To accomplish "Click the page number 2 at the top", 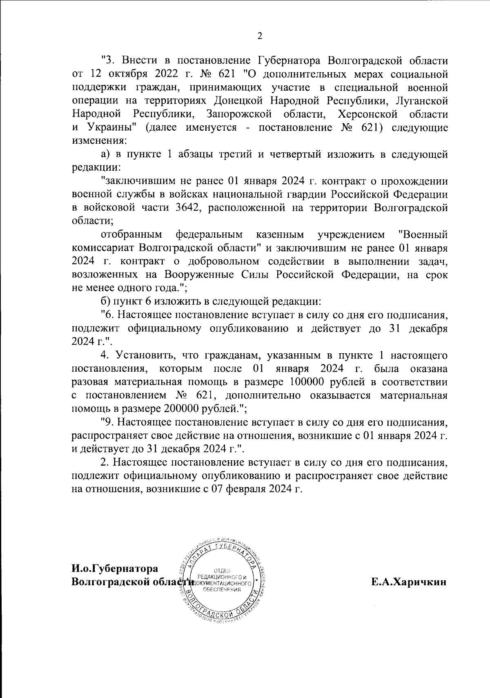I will click(x=259, y=36).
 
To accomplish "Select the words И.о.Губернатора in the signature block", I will click(x=115, y=569).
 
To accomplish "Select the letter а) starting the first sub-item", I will click(x=105, y=154).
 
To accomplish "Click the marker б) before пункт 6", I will click(x=105, y=301).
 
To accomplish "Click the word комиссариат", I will click(x=103, y=248).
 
